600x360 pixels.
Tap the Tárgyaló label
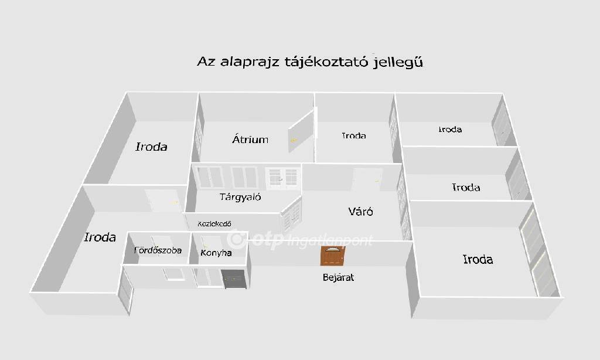[x=240, y=197]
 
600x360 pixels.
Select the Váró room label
[x=360, y=211]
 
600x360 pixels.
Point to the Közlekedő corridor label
[x=214, y=223]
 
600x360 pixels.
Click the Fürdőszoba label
[x=158, y=250]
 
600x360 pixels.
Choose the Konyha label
[x=216, y=253]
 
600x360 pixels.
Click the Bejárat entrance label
[x=338, y=277]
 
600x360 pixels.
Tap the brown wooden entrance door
[x=333, y=256]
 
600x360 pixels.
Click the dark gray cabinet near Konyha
[x=233, y=279]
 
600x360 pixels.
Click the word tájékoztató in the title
[x=326, y=62]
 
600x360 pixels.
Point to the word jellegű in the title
[x=398, y=62]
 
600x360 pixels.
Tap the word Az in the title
[x=206, y=62]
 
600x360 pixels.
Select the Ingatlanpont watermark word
[x=329, y=240]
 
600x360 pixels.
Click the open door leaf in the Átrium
[x=301, y=131]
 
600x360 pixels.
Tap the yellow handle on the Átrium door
[x=293, y=140]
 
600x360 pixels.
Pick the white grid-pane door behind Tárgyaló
[x=283, y=178]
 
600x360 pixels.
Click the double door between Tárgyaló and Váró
[x=291, y=215]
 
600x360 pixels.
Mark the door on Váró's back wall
[x=367, y=179]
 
